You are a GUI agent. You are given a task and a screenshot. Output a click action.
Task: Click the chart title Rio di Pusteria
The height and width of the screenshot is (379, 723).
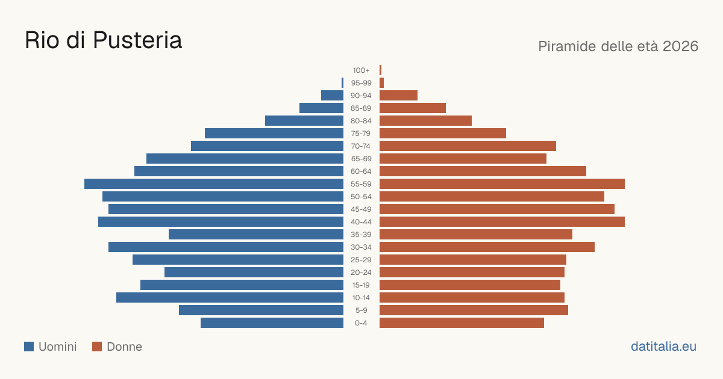tap(103, 40)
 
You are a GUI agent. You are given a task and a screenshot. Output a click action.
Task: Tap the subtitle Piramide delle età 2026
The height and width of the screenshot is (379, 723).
tap(618, 46)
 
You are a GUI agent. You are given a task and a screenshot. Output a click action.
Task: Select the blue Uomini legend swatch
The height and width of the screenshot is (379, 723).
tap(29, 347)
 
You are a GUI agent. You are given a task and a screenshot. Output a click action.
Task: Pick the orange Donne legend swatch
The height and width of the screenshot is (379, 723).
tap(97, 347)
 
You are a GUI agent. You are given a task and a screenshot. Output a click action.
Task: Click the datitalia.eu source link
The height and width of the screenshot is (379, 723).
tap(663, 347)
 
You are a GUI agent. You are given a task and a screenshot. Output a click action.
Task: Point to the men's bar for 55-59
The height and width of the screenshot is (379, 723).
tap(214, 183)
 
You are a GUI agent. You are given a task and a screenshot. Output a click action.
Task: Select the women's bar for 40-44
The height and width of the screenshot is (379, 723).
tap(502, 222)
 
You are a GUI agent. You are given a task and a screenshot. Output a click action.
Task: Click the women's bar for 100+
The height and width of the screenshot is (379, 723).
tap(381, 70)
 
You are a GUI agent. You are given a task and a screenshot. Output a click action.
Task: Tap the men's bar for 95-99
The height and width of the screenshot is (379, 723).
tap(342, 82)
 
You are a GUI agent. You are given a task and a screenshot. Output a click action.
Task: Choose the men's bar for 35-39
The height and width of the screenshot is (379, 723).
tap(256, 234)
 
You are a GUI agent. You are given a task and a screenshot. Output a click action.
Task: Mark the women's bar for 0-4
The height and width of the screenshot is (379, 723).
tap(462, 323)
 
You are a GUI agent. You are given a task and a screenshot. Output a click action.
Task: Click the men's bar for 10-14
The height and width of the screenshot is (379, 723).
tap(230, 297)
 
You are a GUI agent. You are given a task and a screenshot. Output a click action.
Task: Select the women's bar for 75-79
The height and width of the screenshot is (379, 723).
tap(443, 133)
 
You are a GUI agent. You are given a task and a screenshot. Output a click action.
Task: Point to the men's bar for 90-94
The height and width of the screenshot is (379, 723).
tap(332, 96)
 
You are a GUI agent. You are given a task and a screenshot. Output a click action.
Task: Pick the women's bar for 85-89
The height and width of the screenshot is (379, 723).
tap(413, 108)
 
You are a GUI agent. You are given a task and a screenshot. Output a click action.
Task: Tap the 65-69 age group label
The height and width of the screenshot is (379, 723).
tap(361, 159)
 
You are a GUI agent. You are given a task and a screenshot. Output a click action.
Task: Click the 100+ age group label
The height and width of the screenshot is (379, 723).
tap(361, 70)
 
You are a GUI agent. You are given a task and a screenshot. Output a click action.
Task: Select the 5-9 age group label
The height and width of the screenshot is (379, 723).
tap(361, 310)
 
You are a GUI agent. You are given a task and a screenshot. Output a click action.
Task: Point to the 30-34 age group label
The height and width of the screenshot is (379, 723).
tap(361, 247)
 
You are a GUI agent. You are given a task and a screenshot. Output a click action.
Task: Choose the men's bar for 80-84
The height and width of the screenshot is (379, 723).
tap(304, 120)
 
